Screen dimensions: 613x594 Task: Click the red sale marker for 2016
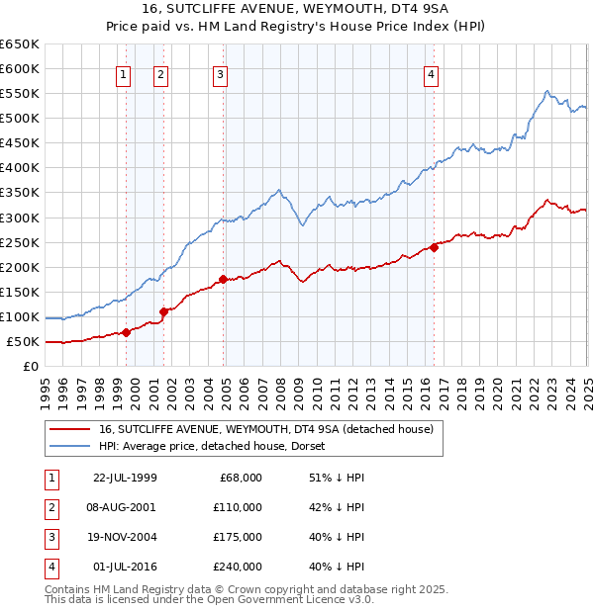pyautogui.click(x=434, y=248)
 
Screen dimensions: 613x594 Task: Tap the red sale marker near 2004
pyautogui.click(x=224, y=280)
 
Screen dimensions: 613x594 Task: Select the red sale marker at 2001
pyautogui.click(x=163, y=311)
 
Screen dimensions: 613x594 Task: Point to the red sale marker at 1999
pyautogui.click(x=127, y=332)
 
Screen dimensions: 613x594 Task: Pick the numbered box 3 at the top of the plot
pyautogui.click(x=219, y=73)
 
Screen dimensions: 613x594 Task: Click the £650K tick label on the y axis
pyautogui.click(x=20, y=44)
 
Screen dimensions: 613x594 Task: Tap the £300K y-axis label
pyautogui.click(x=20, y=218)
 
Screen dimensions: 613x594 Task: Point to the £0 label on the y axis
pyautogui.click(x=31, y=367)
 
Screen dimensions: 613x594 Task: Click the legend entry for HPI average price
pyautogui.click(x=219, y=446)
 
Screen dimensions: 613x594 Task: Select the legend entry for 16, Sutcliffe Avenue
pyautogui.click(x=266, y=429)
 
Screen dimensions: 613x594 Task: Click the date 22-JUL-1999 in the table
pyautogui.click(x=125, y=478)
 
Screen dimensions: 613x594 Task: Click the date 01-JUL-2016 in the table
pyautogui.click(x=125, y=567)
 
